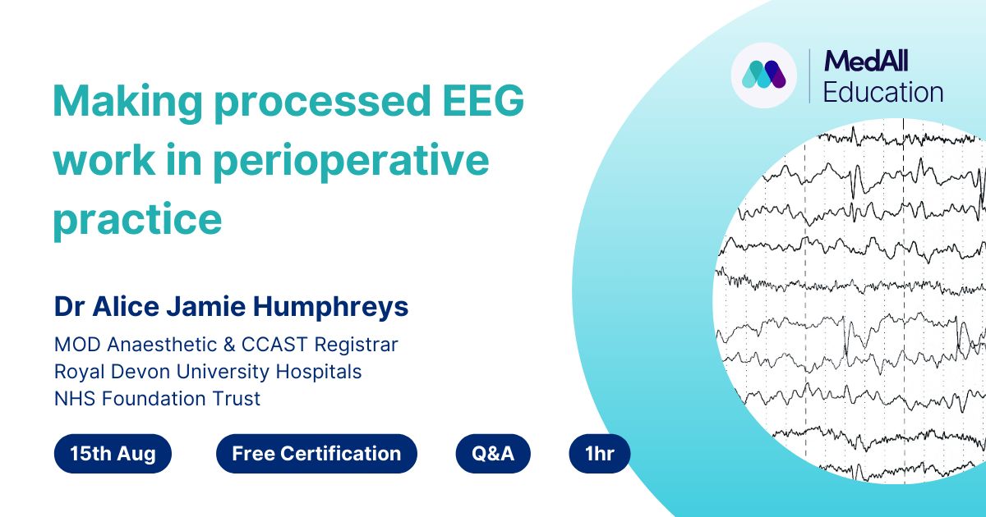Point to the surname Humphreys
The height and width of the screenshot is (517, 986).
[330, 307]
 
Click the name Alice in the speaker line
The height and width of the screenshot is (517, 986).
[126, 306]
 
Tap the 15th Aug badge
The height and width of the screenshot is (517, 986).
[113, 454]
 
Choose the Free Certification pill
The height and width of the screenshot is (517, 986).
[316, 454]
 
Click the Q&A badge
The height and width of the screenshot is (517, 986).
[493, 454]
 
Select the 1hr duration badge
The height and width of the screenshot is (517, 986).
[600, 454]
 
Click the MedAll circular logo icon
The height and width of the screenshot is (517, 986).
[764, 75]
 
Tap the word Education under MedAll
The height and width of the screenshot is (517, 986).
[883, 92]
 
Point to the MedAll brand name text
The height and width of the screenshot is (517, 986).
[866, 61]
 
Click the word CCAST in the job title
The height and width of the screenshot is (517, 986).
[274, 345]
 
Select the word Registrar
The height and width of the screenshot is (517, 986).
[356, 345]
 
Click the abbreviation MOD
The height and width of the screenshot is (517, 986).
[77, 345]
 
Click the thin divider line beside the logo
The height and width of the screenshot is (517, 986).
[810, 76]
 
